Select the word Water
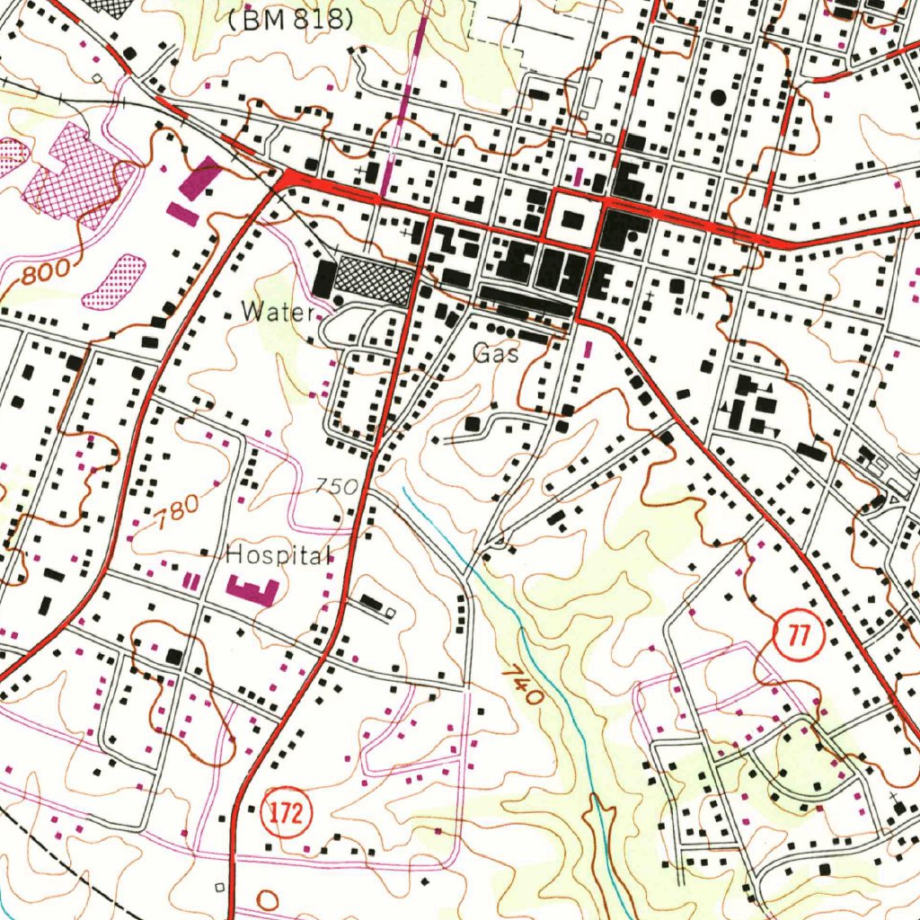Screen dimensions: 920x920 278,313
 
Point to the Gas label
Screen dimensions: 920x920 496,354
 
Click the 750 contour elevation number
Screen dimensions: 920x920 337,487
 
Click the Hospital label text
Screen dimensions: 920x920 279,555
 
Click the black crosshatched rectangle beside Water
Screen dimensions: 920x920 374,280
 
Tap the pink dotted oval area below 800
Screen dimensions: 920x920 114,281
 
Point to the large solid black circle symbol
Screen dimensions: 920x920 718,96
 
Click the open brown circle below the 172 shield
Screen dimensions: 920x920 268,898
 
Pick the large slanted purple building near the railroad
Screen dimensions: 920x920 199,178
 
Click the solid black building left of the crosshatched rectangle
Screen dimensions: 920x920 324,279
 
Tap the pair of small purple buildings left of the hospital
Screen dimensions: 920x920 190,581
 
